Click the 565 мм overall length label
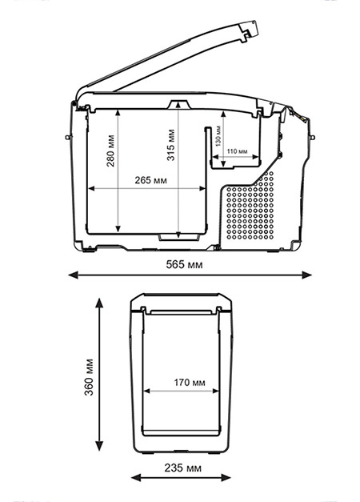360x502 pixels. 184,264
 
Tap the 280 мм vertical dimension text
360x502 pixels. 110,151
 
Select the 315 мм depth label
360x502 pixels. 171,145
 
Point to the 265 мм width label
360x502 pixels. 150,180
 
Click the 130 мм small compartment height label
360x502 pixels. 218,136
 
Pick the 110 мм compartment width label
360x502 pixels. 237,151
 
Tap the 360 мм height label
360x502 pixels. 89,377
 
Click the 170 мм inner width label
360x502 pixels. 190,382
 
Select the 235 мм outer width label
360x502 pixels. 183,468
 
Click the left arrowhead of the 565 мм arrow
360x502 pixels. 74,275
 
